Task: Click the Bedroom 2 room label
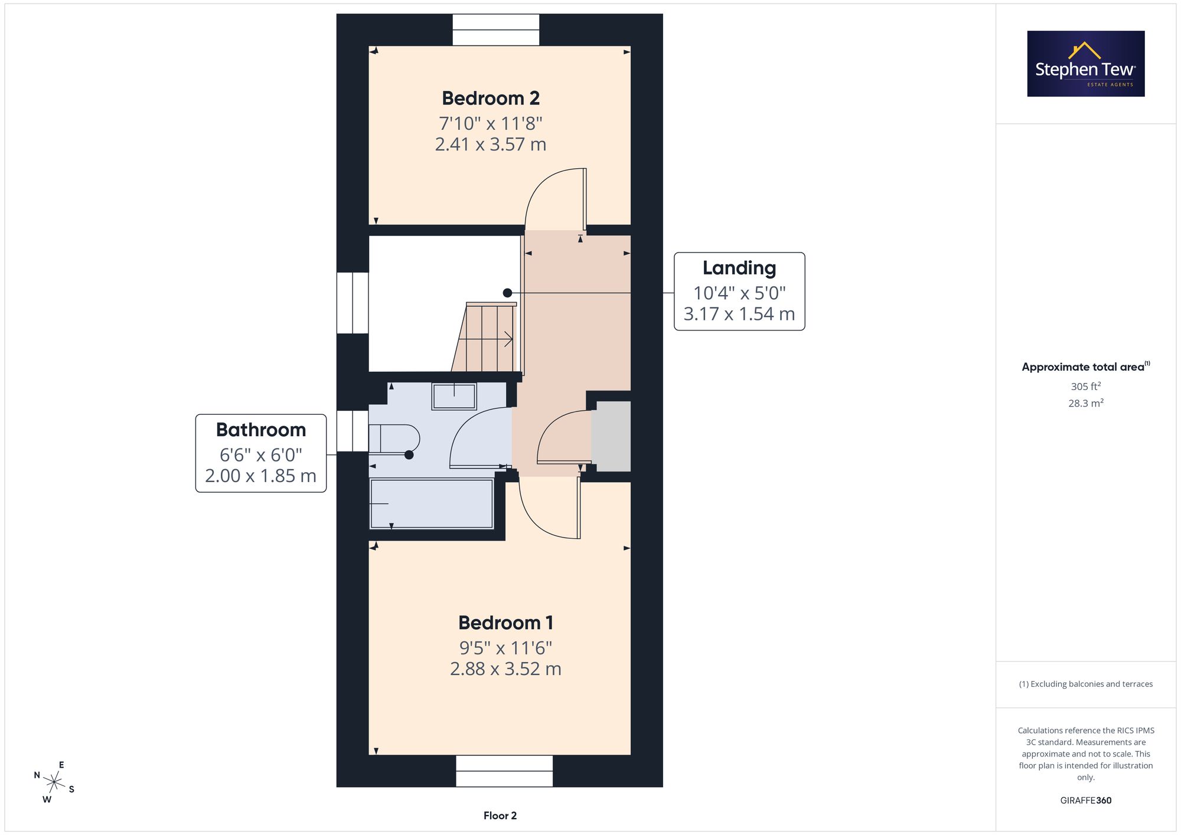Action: [x=491, y=98]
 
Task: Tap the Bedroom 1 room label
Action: [x=505, y=623]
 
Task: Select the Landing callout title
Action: [x=739, y=268]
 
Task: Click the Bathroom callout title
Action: [x=261, y=430]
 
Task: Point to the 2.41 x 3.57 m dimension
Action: [x=491, y=144]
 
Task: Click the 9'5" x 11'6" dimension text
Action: [x=505, y=648]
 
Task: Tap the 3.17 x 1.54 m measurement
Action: [x=739, y=313]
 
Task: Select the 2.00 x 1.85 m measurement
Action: [x=261, y=476]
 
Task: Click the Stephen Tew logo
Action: [x=1086, y=64]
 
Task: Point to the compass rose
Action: [x=54, y=783]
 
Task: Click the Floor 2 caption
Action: [x=500, y=816]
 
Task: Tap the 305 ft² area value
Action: [x=1086, y=387]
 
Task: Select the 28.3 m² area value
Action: [x=1086, y=403]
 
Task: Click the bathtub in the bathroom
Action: [x=432, y=503]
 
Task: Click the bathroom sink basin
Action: [x=454, y=396]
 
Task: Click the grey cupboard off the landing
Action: [x=611, y=436]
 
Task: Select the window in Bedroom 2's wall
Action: [x=496, y=30]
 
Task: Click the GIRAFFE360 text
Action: [x=1086, y=801]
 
